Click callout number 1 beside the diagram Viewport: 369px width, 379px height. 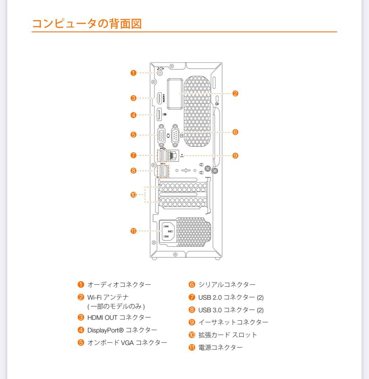coord(133,73)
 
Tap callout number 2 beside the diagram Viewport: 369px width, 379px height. coord(235,93)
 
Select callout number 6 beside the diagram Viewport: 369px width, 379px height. coord(235,132)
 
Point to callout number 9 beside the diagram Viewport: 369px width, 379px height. coord(235,155)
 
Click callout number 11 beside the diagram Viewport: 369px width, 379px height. coord(133,231)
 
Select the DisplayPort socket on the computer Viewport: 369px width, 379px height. coord(159,115)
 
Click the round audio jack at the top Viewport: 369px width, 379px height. coord(160,73)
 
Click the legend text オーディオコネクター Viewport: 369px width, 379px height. coord(119,284)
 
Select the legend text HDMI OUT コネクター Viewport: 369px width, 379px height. coord(119,317)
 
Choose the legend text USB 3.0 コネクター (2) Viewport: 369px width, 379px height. coord(231,310)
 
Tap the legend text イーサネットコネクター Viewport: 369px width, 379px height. coord(233,322)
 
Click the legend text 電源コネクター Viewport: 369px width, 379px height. coord(220,347)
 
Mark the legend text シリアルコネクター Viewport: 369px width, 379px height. coord(227,284)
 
